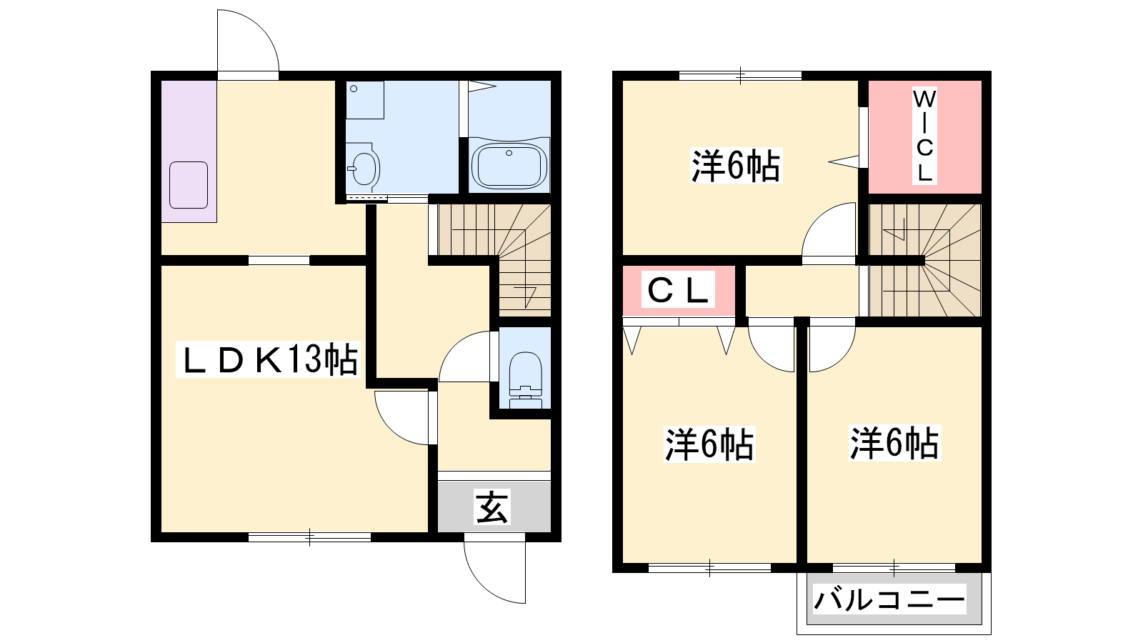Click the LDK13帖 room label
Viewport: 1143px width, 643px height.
tap(269, 360)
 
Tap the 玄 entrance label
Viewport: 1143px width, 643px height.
tap(491, 507)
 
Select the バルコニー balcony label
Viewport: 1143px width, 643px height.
tap(889, 599)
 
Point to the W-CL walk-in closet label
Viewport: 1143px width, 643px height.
tap(924, 136)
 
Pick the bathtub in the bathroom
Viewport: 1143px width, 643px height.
tap(509, 165)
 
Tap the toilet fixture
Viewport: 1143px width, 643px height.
tap(526, 379)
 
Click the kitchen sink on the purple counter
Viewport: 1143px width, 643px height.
tap(189, 185)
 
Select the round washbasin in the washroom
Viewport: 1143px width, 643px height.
tap(363, 168)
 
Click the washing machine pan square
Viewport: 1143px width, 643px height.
tap(365, 100)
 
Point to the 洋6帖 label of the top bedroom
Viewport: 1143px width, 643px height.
tap(736, 166)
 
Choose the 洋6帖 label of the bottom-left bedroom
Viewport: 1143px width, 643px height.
tap(709, 444)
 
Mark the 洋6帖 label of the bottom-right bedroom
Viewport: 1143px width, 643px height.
tap(894, 444)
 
